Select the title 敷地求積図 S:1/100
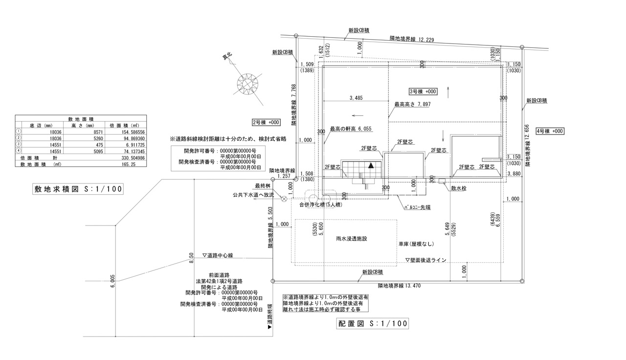(75, 189)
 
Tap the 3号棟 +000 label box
(423, 91)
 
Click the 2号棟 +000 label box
(266, 122)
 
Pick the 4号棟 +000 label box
(550, 131)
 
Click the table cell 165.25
(128, 165)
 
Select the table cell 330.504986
(128, 158)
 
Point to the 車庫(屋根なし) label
(416, 244)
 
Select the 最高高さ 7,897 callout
(412, 105)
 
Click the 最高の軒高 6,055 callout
(351, 129)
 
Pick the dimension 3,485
(356, 98)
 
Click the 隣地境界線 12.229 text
(412, 39)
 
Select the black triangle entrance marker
(371, 166)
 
